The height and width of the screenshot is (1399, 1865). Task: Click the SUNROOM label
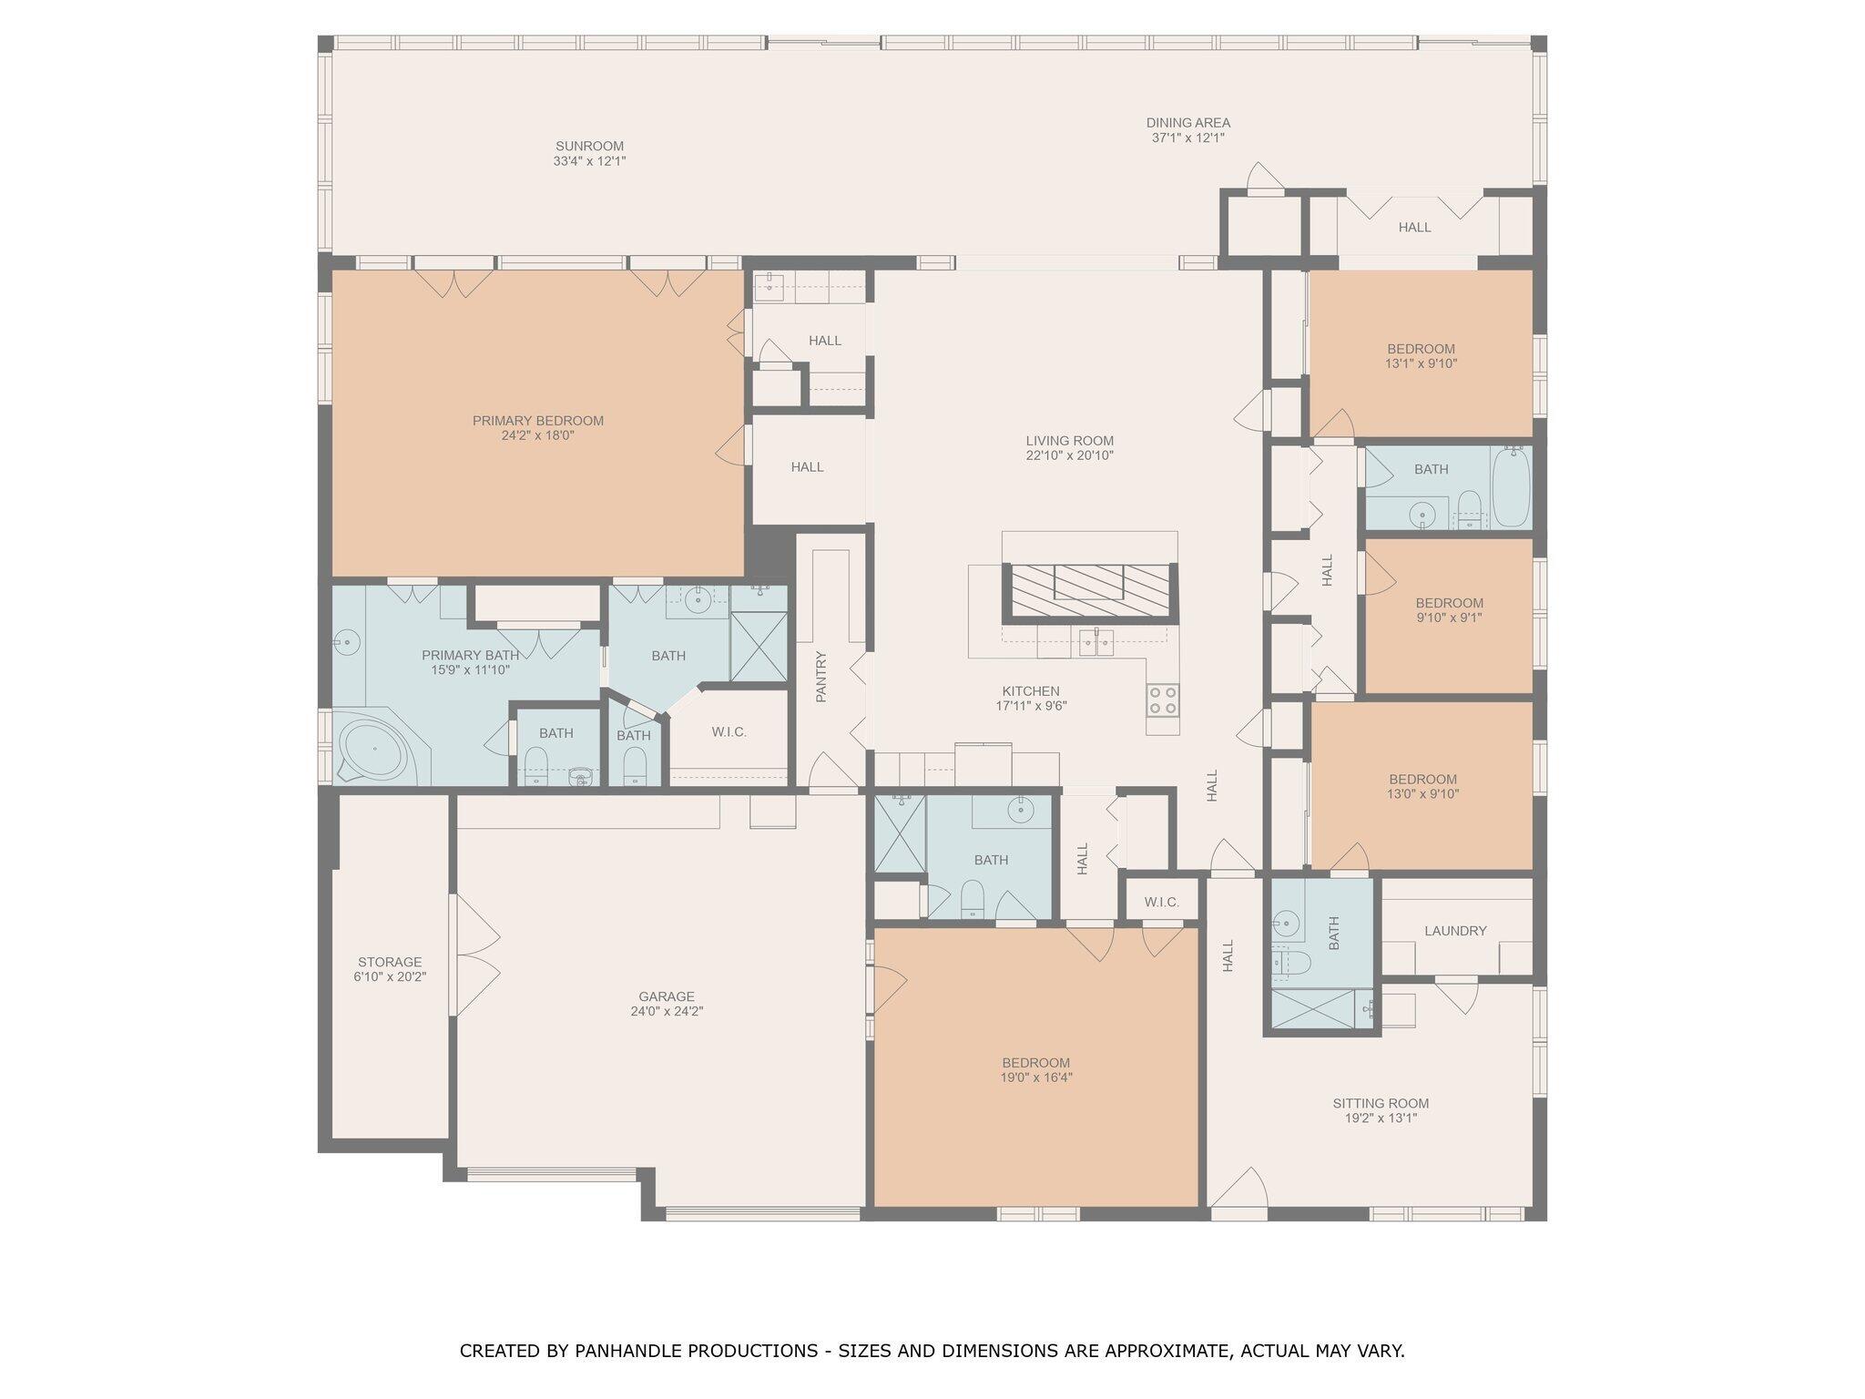[x=589, y=146]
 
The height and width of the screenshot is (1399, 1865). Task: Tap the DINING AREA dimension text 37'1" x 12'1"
[x=1187, y=138]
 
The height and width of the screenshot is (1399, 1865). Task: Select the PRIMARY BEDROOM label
[x=537, y=421]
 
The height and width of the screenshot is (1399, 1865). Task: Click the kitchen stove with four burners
[x=1162, y=699]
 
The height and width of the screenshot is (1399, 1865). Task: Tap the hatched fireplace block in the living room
[x=1090, y=589]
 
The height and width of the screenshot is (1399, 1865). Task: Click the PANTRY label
[x=820, y=676]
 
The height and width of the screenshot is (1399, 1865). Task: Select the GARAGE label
[x=666, y=996]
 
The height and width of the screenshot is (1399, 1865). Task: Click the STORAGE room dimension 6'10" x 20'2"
[x=390, y=976]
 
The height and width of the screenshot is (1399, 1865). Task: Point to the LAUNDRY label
[x=1455, y=931]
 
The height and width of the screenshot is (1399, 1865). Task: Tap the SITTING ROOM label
[x=1381, y=1103]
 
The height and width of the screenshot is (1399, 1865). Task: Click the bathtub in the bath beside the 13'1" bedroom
[x=1511, y=487]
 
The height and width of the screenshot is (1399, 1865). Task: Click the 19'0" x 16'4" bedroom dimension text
[x=1035, y=1077]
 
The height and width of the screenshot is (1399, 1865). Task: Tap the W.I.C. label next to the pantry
[x=729, y=731]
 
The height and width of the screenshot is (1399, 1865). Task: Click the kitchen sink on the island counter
[x=1095, y=642]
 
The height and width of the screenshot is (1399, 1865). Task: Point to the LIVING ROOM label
[x=1069, y=441]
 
